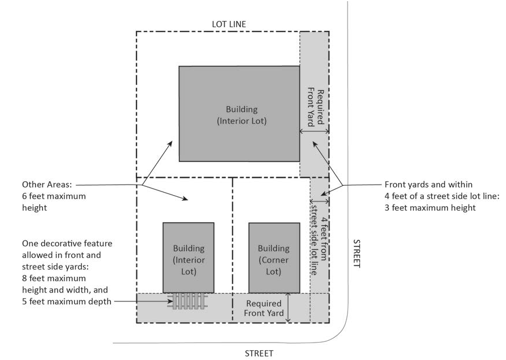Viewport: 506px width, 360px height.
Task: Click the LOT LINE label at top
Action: click(229, 24)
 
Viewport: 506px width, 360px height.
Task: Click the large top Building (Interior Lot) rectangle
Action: click(238, 113)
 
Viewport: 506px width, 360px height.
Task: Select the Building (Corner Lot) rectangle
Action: click(274, 257)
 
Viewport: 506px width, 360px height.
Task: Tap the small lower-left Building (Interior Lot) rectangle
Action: click(189, 257)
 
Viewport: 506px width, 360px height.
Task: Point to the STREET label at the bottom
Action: click(258, 352)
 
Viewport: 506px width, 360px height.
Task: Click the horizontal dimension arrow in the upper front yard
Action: click(314, 132)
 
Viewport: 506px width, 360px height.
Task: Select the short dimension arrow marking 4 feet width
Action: click(319, 201)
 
